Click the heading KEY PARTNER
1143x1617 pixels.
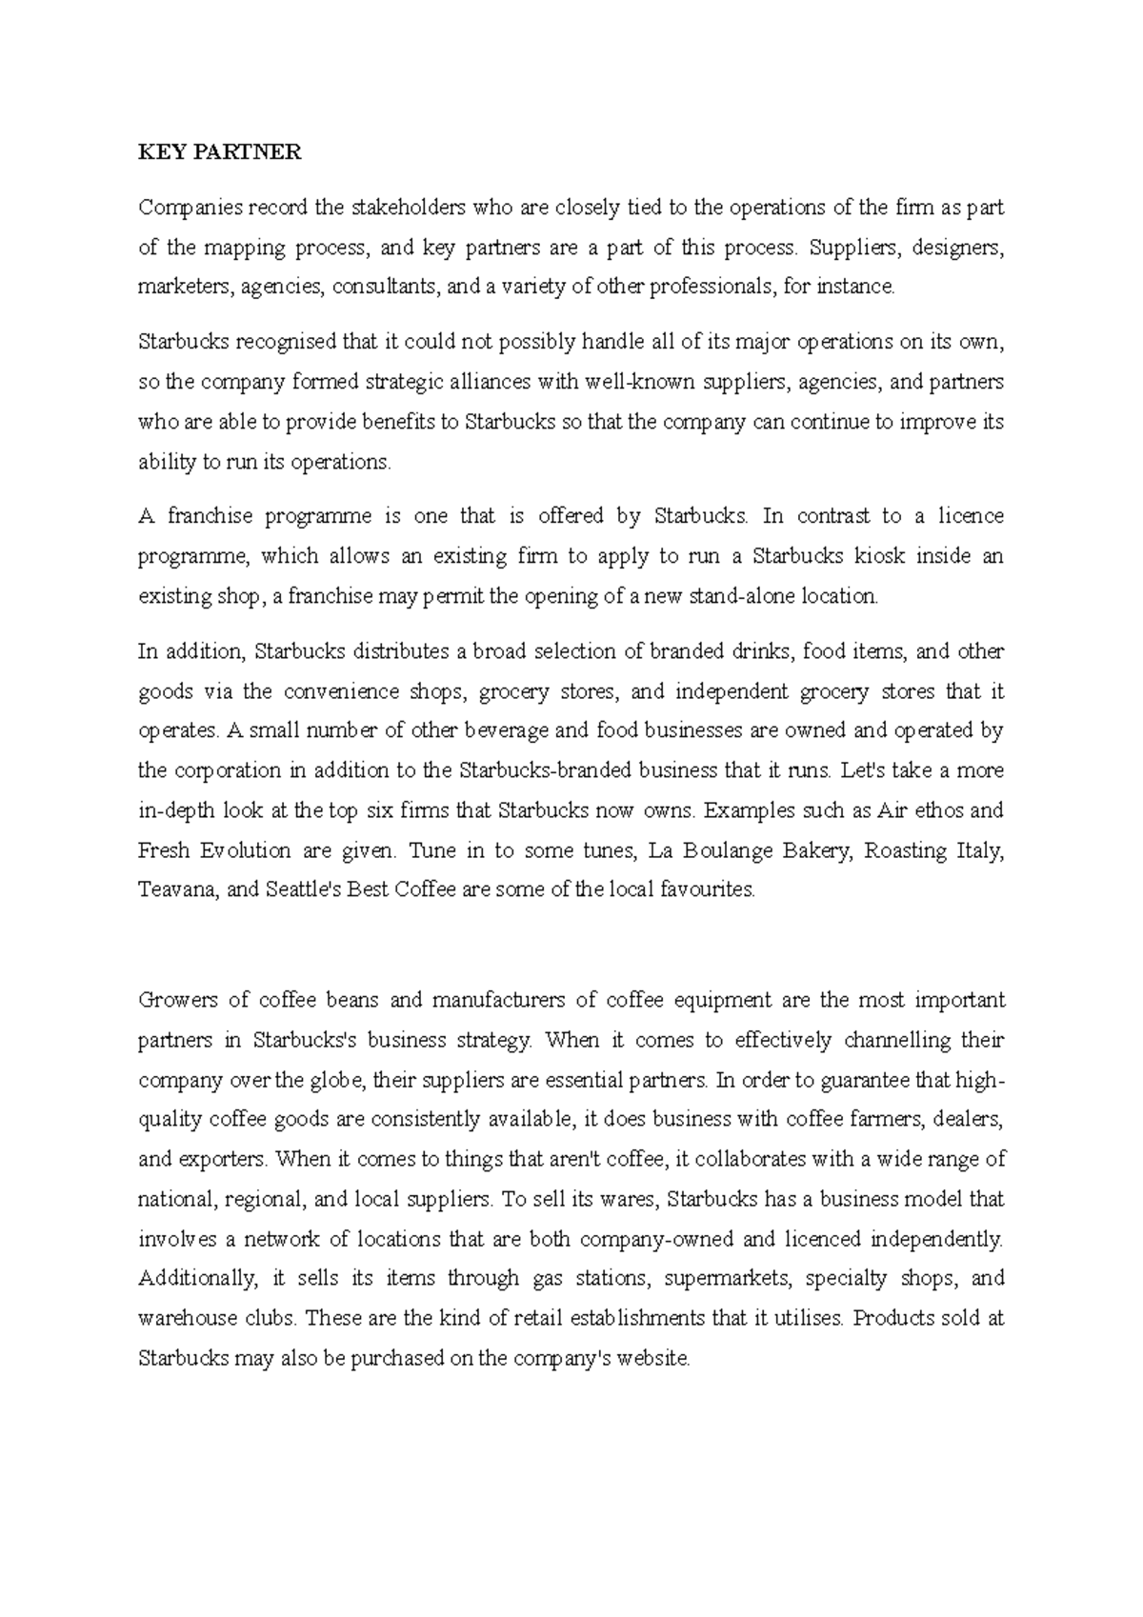(219, 152)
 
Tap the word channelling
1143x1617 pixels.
(898, 1040)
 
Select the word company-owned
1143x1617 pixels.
(656, 1239)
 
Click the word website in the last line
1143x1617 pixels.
(652, 1359)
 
